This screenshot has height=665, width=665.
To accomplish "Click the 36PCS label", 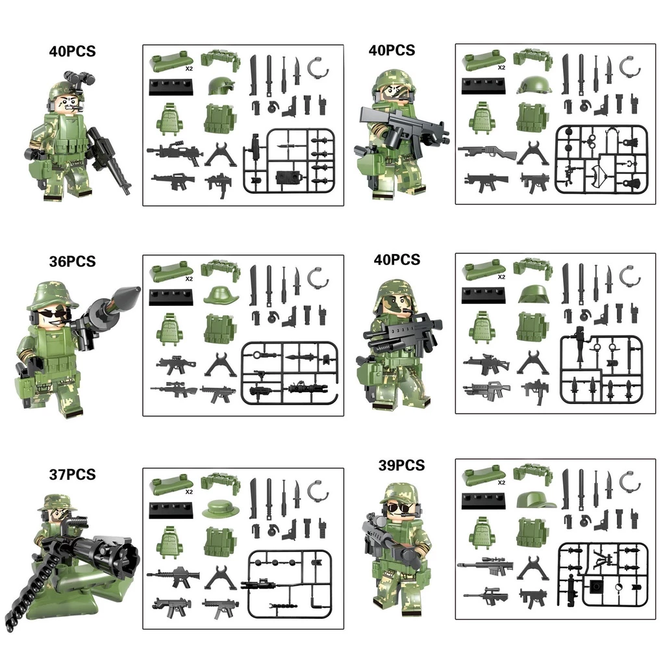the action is pos(73,261).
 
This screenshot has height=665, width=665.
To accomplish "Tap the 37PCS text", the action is pos(73,474).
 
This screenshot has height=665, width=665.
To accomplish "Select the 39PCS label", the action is pos(401,465).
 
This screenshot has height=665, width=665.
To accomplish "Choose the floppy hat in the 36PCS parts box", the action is pos(221,295).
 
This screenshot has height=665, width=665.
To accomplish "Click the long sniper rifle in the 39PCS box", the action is pos(485,566).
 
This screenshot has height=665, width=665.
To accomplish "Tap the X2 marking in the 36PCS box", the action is pos(189,279).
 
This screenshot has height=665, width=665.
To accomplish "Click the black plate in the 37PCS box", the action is pos(171,510).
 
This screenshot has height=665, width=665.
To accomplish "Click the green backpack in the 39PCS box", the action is pos(483,533).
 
